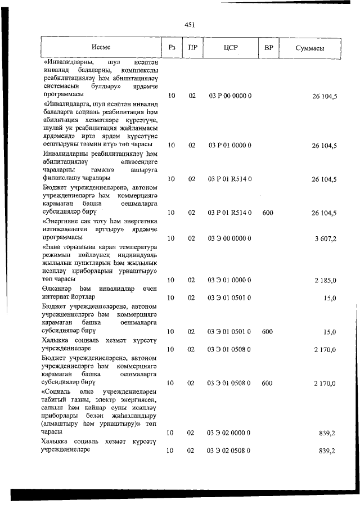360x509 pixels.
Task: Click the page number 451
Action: pos(189,24)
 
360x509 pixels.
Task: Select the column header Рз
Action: pos(172,48)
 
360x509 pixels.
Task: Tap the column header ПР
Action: pos(192,48)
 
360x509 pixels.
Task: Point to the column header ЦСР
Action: pos(229,48)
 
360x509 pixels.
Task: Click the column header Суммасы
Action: pos(310,48)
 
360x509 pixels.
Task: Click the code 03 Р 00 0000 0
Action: pos(229,96)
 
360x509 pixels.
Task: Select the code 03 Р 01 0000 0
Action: pos(229,146)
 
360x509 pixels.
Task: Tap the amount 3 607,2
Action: pos(325,238)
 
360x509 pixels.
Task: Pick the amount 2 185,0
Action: pos(325,280)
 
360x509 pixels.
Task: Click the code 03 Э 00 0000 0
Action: pos(229,238)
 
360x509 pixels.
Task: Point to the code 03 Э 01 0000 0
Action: pos(229,280)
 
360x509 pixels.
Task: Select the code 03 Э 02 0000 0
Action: pos(229,433)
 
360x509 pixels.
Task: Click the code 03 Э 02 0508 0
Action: pos(229,451)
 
